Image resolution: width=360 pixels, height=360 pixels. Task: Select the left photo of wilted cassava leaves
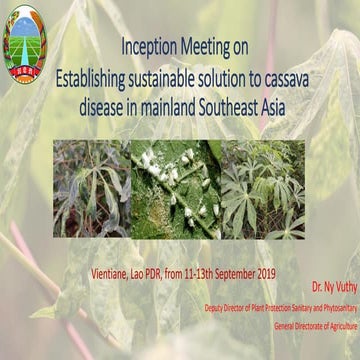(x=92, y=190)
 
